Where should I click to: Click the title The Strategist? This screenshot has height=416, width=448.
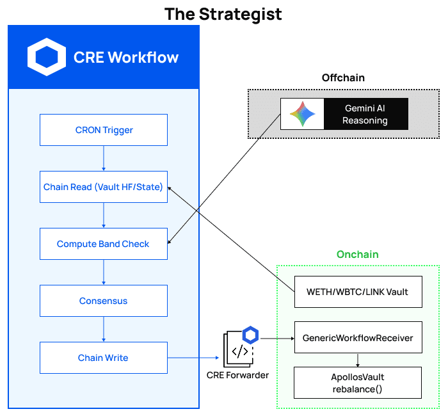[x=223, y=13]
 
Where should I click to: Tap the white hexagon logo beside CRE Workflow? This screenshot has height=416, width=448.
[x=46, y=57]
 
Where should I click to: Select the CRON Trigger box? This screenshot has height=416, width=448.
[x=104, y=130]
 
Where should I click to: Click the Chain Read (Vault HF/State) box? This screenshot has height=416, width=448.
[x=104, y=187]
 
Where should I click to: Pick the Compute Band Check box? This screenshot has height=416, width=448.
[x=104, y=244]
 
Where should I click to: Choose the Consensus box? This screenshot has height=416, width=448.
[x=104, y=301]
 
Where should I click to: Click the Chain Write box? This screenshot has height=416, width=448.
[x=104, y=358]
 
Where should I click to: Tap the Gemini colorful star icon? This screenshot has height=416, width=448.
[x=302, y=115]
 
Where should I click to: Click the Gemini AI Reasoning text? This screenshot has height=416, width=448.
[x=365, y=115]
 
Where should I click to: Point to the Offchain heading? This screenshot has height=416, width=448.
[x=343, y=77]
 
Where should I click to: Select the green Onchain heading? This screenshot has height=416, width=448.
[x=358, y=254]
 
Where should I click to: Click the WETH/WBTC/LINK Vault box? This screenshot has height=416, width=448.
[x=358, y=292]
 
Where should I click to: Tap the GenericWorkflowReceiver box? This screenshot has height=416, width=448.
[x=358, y=337]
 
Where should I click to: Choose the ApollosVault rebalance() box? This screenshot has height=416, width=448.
[x=358, y=383]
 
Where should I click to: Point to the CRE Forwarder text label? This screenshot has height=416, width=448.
[x=237, y=375]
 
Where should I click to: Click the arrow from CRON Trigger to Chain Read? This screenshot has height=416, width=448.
[x=104, y=158]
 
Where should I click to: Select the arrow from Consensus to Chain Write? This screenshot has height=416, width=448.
[x=104, y=329]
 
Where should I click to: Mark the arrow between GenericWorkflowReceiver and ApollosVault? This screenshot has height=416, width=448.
[x=358, y=360]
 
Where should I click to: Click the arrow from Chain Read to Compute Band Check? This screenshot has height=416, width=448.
[x=104, y=215]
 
